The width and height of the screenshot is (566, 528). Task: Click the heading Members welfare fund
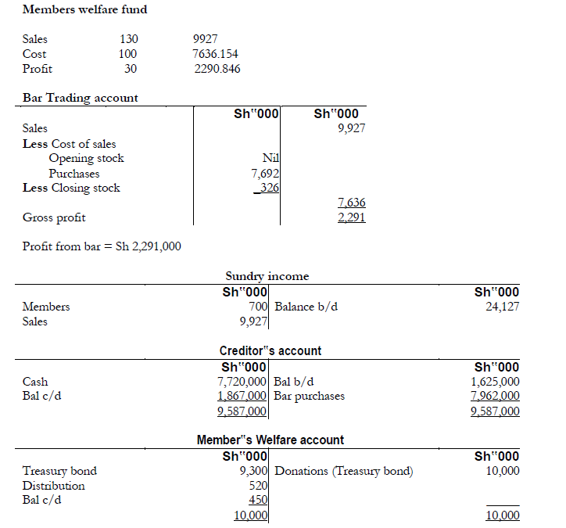pyautogui.click(x=84, y=9)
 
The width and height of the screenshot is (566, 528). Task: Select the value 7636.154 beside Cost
pyautogui.click(x=215, y=54)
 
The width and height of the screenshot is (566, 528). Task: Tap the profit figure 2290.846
pyautogui.click(x=217, y=69)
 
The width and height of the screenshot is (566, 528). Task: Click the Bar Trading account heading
pyautogui.click(x=80, y=98)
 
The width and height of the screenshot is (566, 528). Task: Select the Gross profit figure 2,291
pyautogui.click(x=351, y=217)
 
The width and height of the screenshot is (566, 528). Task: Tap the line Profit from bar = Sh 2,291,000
pyautogui.click(x=102, y=246)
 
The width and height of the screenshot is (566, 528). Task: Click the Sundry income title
pyautogui.click(x=267, y=276)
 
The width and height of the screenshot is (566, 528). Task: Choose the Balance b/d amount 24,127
pyautogui.click(x=500, y=307)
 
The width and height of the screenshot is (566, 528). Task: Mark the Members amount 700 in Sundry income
pyautogui.click(x=258, y=307)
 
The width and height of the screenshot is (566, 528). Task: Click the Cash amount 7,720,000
pyautogui.click(x=243, y=382)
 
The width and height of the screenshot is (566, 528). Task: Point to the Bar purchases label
pyautogui.click(x=310, y=396)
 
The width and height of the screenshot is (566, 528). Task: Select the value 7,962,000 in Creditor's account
pyautogui.click(x=495, y=396)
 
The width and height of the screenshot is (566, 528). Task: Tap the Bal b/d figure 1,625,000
pyautogui.click(x=495, y=382)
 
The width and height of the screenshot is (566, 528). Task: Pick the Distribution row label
pyautogui.click(x=54, y=486)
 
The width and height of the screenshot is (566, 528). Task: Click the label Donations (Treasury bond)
pyautogui.click(x=344, y=471)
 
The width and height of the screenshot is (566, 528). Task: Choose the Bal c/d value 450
pyautogui.click(x=259, y=500)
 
